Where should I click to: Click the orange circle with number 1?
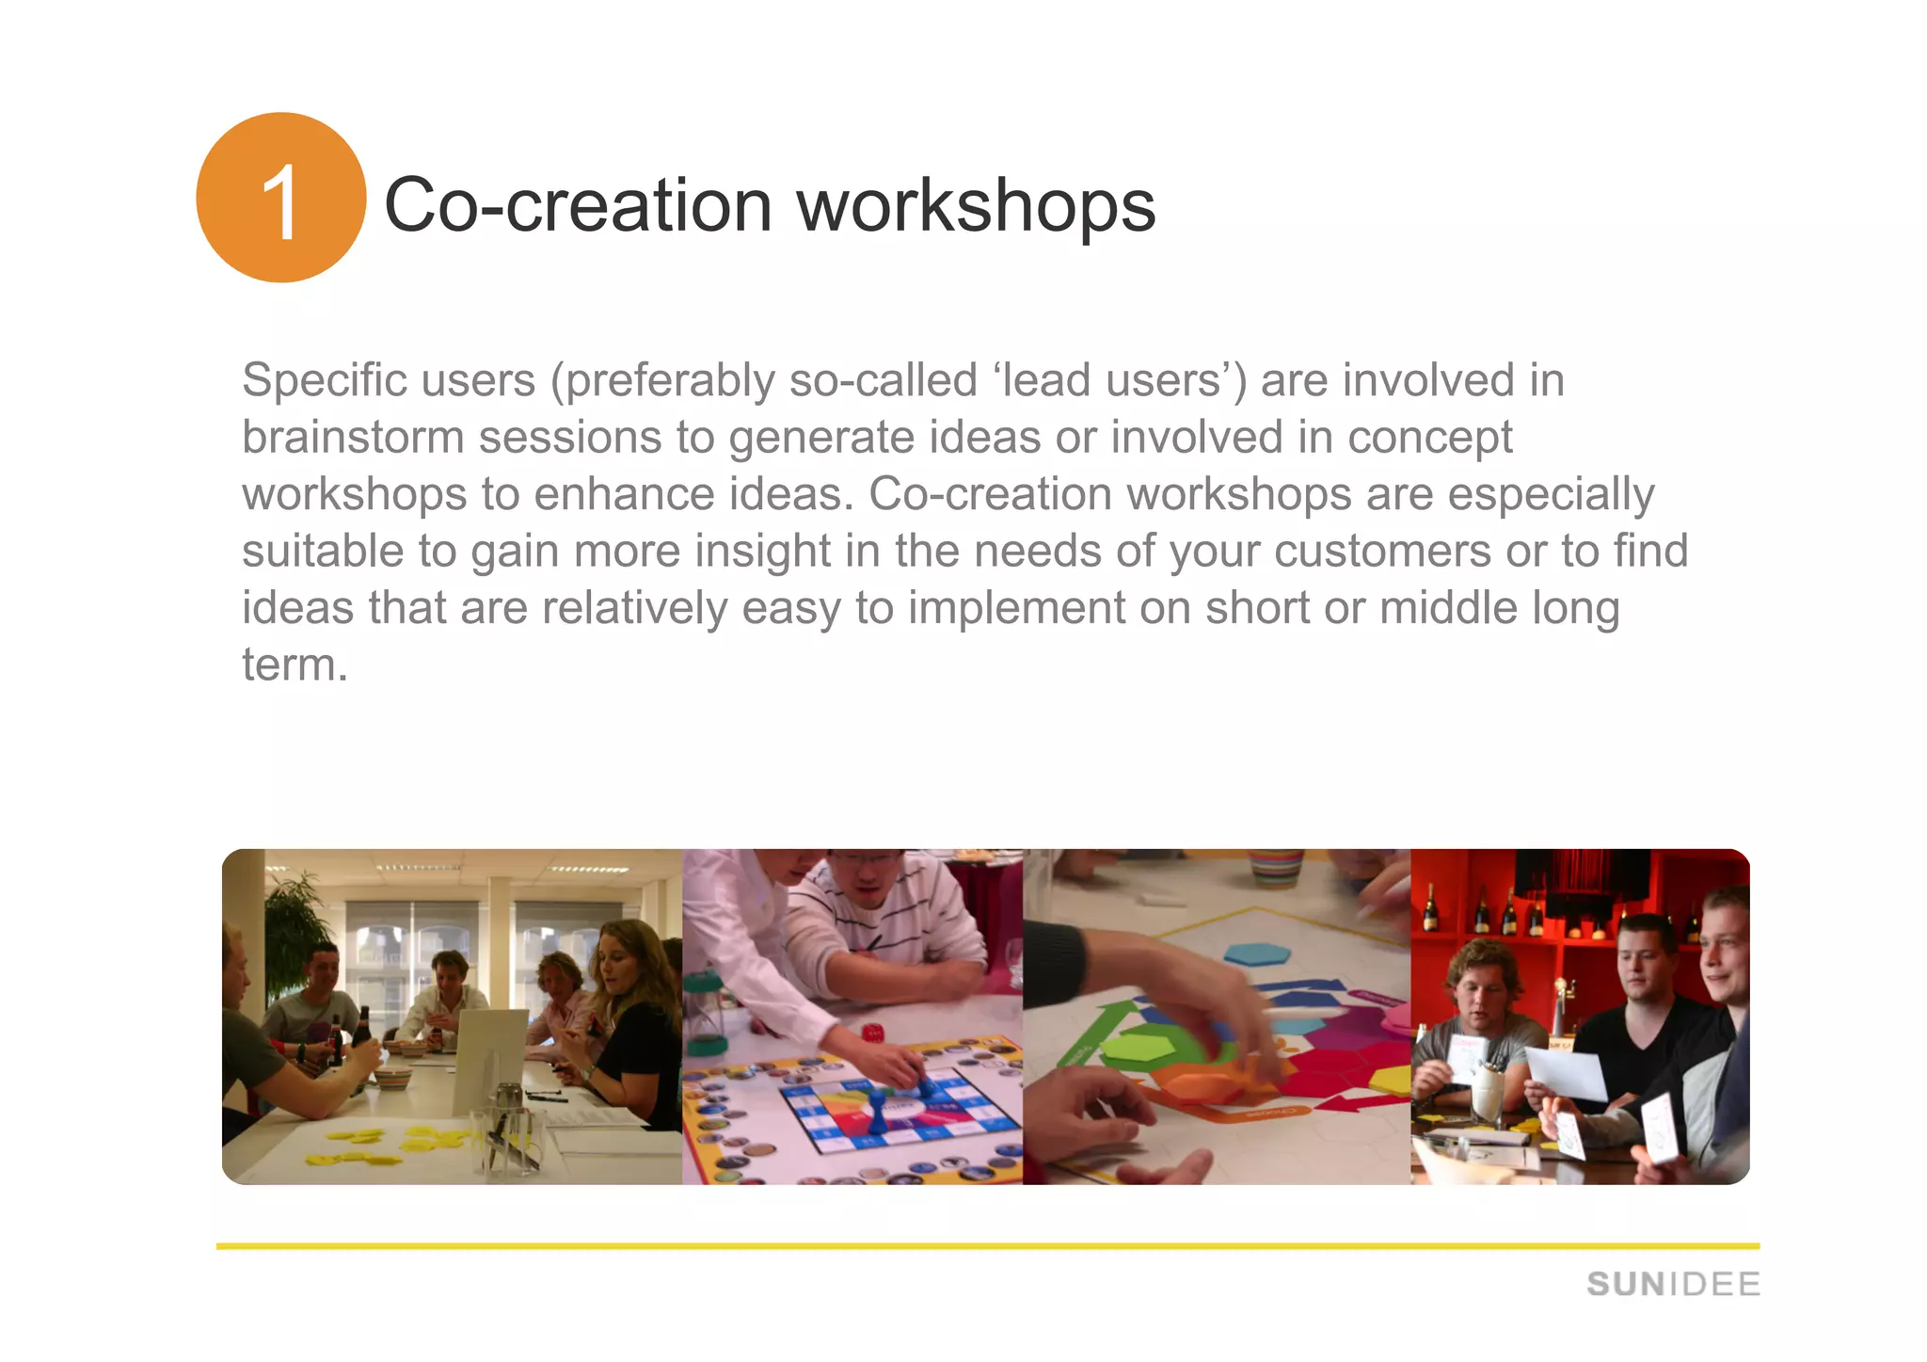pyautogui.click(x=280, y=198)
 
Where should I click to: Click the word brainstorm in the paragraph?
pyautogui.click(x=353, y=438)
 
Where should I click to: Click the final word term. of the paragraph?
pyautogui.click(x=295, y=665)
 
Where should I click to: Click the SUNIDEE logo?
pyautogui.click(x=1672, y=1284)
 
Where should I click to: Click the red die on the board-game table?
pyautogui.click(x=874, y=1033)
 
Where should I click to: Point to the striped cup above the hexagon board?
pyautogui.click(x=1276, y=867)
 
